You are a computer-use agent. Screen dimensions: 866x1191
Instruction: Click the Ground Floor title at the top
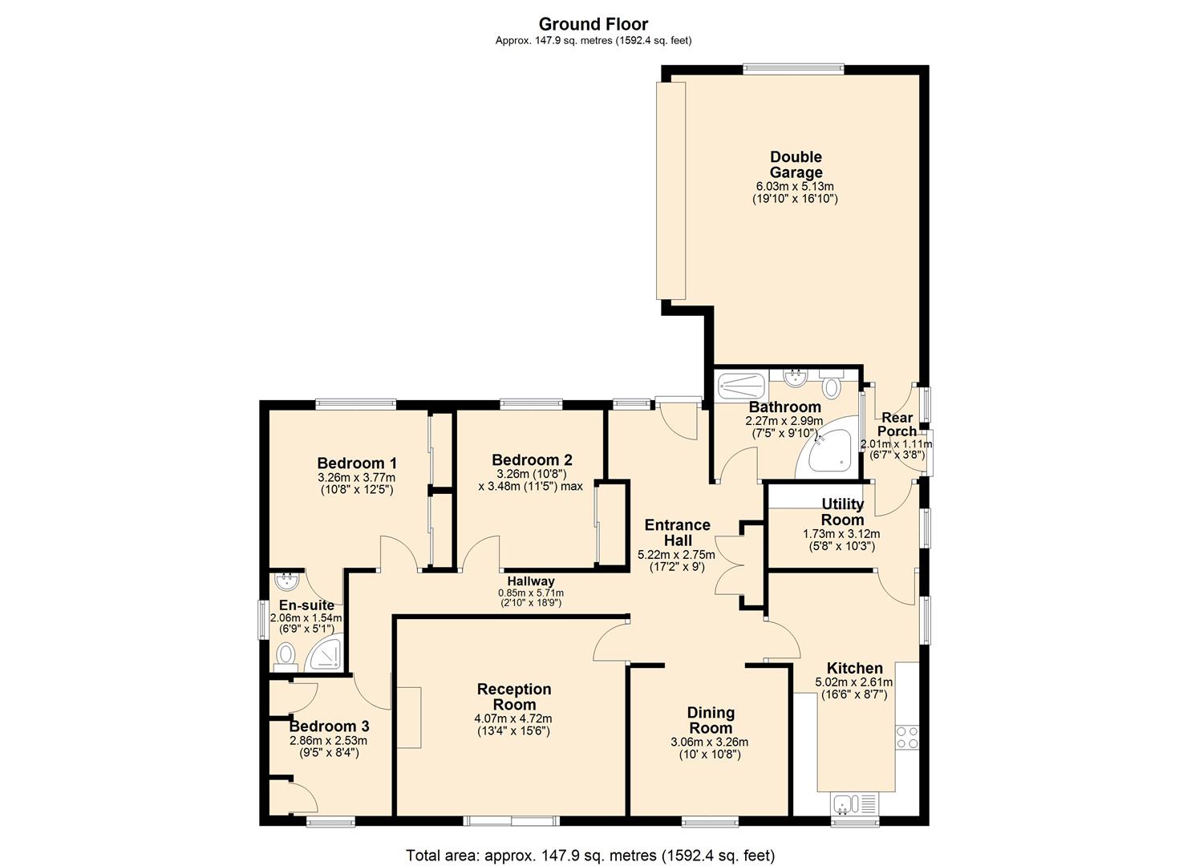coord(593,24)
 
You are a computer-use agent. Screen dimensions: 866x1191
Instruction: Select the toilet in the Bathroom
coord(830,386)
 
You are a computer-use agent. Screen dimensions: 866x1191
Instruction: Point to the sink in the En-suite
coord(285,580)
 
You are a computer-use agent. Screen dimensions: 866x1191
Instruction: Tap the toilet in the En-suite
coord(285,656)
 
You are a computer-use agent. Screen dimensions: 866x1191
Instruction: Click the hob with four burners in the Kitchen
coord(907,737)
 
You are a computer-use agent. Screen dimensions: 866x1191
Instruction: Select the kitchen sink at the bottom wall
coord(855,803)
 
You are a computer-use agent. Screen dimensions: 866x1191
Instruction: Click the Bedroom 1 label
coord(357,463)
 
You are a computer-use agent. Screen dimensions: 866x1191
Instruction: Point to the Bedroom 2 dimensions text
coord(531,480)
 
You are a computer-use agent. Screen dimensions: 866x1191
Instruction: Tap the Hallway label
coord(530,581)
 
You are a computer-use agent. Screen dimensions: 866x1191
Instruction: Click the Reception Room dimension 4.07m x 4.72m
coord(513,718)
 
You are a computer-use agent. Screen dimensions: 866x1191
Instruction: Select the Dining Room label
coord(711,720)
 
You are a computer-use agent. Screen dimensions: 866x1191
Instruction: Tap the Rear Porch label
coord(897,424)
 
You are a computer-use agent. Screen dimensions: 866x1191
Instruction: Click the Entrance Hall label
coord(677,532)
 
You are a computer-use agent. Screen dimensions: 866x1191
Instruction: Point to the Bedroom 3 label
coord(329,726)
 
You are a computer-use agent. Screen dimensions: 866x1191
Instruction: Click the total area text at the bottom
coord(590,855)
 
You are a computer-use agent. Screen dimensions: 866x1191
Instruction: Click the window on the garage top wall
coord(792,69)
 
